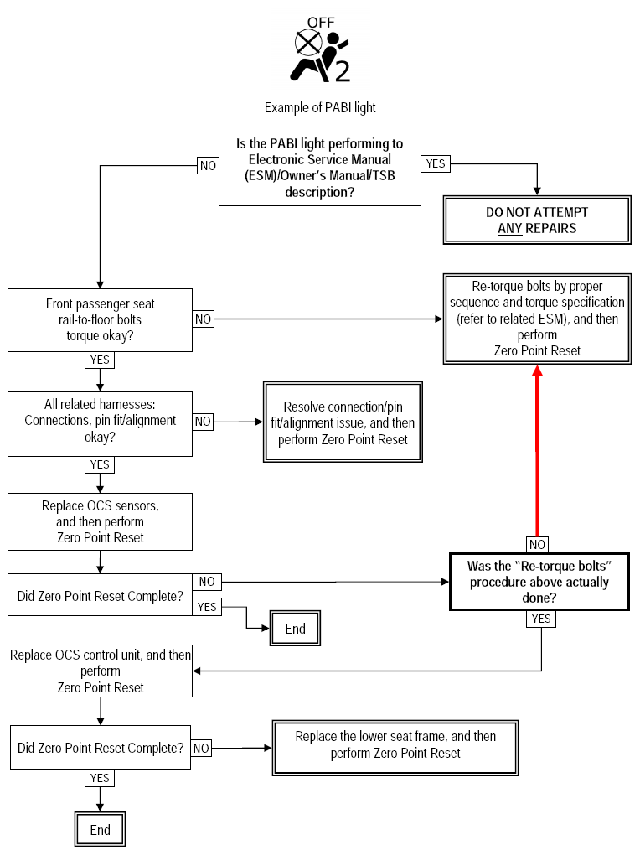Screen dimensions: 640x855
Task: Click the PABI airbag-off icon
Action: point(322,50)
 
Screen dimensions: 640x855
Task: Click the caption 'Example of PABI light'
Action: point(320,107)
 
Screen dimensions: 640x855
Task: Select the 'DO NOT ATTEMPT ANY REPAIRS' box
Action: point(537,220)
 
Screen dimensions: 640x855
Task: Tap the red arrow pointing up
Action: point(538,451)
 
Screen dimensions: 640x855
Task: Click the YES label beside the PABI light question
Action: point(436,163)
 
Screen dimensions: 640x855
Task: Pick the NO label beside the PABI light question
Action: point(208,165)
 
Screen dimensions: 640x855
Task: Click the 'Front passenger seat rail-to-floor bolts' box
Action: point(100,320)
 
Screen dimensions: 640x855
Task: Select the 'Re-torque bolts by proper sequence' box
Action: point(537,319)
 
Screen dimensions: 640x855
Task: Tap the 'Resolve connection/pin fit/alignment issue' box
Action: point(343,422)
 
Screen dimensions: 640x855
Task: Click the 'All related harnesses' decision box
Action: point(100,423)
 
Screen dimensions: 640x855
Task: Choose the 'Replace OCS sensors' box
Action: point(100,522)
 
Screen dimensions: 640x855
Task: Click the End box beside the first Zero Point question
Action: point(295,628)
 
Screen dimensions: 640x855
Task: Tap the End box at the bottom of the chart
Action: point(100,829)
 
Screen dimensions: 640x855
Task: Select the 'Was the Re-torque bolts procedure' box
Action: point(539,582)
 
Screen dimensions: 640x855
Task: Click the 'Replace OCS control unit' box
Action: point(100,671)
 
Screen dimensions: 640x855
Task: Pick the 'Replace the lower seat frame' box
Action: point(395,748)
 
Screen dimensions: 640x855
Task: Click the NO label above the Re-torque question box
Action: point(538,544)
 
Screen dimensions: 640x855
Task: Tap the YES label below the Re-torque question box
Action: point(541,619)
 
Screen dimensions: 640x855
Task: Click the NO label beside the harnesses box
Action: point(203,422)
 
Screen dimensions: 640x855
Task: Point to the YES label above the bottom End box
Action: point(100,778)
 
